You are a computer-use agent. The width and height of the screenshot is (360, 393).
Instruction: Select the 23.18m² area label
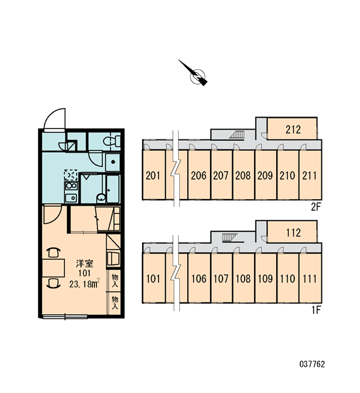(x=84, y=284)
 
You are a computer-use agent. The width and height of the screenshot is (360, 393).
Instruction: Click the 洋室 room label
(x=84, y=263)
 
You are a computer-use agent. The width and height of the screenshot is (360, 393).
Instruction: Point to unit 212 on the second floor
(x=292, y=129)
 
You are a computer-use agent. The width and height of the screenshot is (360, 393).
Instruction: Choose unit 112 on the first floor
(x=292, y=232)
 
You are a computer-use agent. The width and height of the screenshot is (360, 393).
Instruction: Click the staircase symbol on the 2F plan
(x=237, y=134)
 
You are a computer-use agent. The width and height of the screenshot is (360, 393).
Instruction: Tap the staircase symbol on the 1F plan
(x=230, y=237)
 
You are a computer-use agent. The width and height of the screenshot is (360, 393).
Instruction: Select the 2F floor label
(x=316, y=207)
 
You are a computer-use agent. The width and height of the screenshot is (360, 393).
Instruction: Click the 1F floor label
(x=316, y=310)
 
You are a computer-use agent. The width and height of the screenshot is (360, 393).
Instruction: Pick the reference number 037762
(x=312, y=364)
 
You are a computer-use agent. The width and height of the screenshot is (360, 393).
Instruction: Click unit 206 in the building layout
(x=199, y=175)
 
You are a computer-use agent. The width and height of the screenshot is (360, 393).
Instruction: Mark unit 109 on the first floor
(x=265, y=278)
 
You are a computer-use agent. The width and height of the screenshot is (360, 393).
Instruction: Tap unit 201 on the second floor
(x=153, y=175)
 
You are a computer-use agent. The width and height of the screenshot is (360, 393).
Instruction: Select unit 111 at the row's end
(x=310, y=278)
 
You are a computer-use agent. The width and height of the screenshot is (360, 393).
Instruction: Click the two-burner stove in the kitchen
(x=71, y=186)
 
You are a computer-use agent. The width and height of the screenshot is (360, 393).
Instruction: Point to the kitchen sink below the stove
(x=71, y=198)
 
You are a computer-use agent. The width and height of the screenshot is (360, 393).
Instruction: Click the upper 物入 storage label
(x=115, y=281)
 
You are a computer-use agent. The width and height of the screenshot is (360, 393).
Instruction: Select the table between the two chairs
(x=54, y=268)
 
